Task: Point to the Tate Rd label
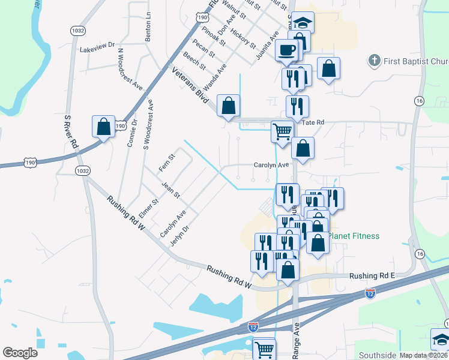313,122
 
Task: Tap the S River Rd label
70,131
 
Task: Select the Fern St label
166,163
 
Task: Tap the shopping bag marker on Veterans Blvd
229,106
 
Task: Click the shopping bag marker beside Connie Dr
103,127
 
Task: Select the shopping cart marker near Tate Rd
282,131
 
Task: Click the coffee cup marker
287,50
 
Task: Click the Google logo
20,353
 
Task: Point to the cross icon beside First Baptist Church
374,61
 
